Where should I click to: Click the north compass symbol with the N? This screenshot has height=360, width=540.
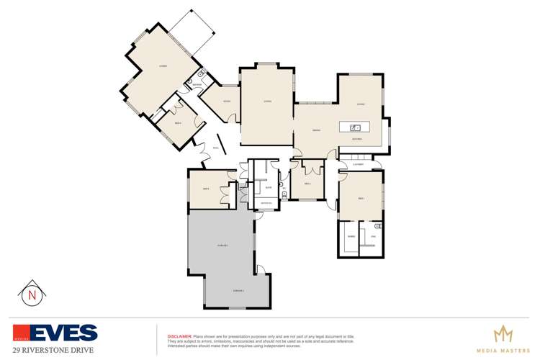31,294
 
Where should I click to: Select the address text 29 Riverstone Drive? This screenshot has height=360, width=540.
53,350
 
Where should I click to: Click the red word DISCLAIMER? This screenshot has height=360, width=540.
179,336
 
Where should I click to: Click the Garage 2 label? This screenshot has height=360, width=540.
238,290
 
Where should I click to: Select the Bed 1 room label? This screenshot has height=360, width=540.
361,198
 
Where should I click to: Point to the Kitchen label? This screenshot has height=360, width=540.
356,138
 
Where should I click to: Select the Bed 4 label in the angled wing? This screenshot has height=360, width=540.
178,122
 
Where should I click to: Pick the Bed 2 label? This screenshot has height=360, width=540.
307,184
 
